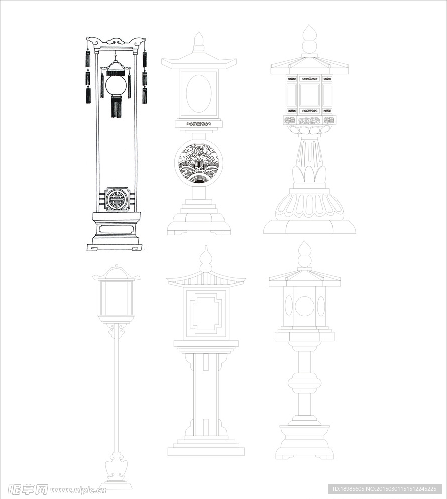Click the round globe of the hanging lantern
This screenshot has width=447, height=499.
tap(116, 85)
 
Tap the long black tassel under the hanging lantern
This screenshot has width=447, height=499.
tap(117, 107)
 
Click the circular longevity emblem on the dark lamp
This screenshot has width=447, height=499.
tap(117, 199)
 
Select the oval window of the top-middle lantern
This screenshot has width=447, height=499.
tap(199, 94)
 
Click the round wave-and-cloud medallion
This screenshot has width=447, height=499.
tap(199, 163)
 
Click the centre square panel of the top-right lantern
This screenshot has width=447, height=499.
tap(309, 95)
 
